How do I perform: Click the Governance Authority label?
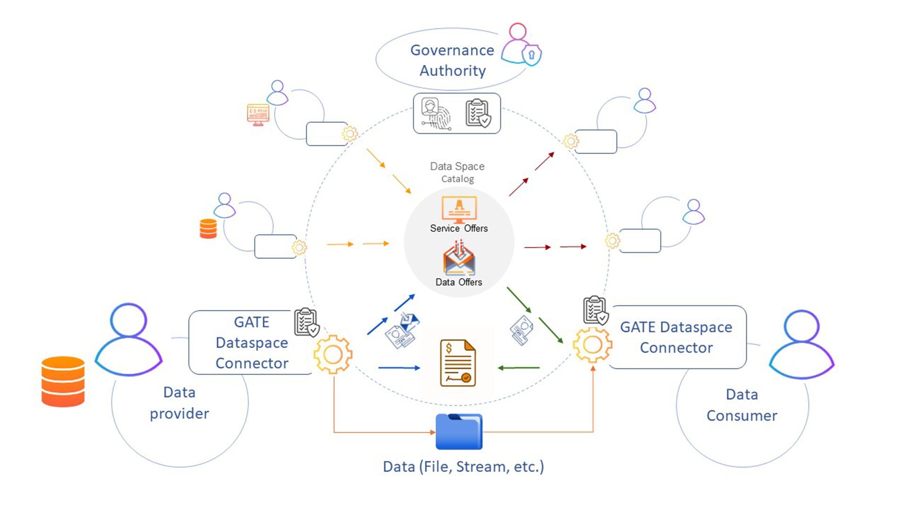pos(452,60)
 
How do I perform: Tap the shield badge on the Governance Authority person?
pos(531,55)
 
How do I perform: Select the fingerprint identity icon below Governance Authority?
pos(436,114)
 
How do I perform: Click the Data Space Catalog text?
pos(457,172)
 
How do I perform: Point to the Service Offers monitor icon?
pos(459,210)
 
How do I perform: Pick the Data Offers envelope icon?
pos(459,259)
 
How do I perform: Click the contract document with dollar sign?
pos(458,363)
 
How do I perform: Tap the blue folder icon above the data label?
pos(459,432)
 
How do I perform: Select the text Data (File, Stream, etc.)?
pos(463,467)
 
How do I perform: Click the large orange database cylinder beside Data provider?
pos(63,382)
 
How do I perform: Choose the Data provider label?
pos(180,403)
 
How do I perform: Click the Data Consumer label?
pos(742,405)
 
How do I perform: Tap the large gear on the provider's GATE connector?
pos(333,354)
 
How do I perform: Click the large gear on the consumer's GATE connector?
pos(592,345)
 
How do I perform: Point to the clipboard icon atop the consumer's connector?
pos(595,310)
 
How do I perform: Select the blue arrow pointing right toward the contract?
pos(399,367)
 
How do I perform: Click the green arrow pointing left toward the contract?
pos(519,367)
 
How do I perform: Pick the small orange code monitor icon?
pos(258,115)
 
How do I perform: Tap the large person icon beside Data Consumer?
pos(802,344)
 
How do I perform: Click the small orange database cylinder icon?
pos(208,229)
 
